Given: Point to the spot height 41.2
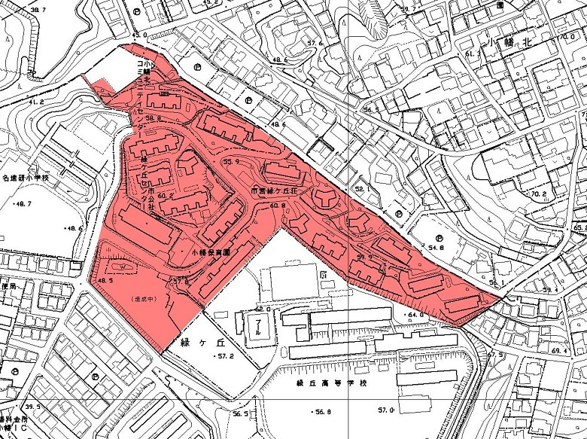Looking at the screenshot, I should pyautogui.click(x=36, y=101).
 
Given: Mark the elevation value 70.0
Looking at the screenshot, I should pyautogui.click(x=567, y=37).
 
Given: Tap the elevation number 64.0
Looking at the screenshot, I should pyautogui.click(x=416, y=314).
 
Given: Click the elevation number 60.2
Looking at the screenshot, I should pyautogui.click(x=166, y=196).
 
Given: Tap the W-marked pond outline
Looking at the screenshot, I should pyautogui.click(x=123, y=266).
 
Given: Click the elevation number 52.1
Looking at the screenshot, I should pyautogui.click(x=364, y=189).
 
